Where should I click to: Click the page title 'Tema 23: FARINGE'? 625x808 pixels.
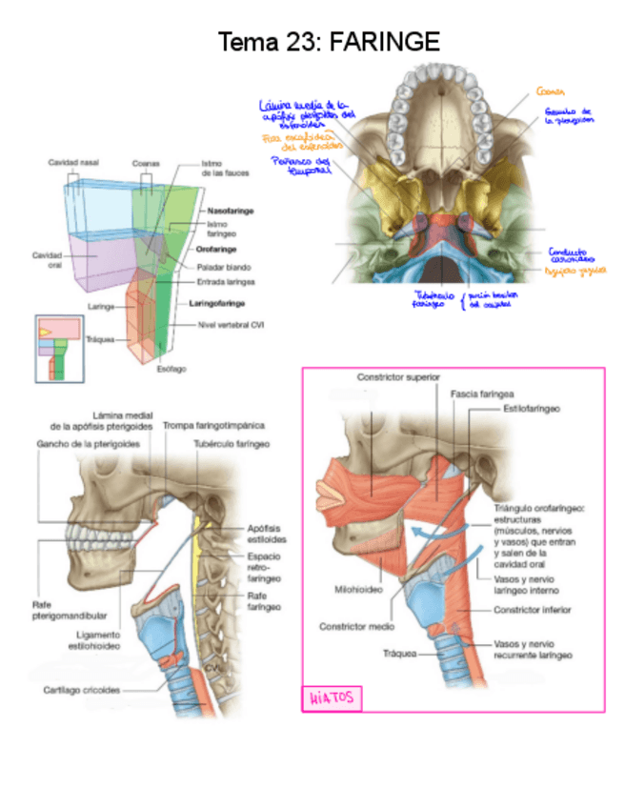point(329,43)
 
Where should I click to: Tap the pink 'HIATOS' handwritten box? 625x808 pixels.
point(331,698)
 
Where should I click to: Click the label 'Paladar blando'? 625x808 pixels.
point(222,267)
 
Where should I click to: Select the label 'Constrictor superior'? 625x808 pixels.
point(398,377)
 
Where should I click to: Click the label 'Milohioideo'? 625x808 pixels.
point(357,590)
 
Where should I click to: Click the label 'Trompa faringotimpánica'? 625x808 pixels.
point(212,425)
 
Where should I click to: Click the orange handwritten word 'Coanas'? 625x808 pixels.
point(551,91)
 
